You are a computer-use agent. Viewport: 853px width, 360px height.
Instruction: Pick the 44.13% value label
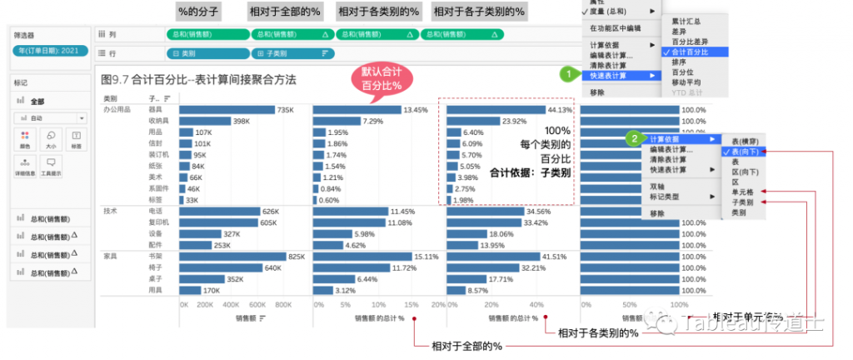560,110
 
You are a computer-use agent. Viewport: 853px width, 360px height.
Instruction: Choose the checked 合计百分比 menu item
691,52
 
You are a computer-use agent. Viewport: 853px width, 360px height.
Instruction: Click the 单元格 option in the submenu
742,192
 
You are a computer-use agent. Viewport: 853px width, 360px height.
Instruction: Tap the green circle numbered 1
568,73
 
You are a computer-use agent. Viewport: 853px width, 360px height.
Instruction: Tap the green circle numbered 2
634,138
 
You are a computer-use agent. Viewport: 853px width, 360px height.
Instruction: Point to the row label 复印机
159,223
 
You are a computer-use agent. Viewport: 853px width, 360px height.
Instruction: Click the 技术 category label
110,212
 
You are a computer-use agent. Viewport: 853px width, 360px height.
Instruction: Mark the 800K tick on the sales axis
284,305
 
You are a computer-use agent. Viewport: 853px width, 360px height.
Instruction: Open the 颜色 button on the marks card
25,138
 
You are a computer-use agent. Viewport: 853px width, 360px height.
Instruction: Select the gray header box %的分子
197,12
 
